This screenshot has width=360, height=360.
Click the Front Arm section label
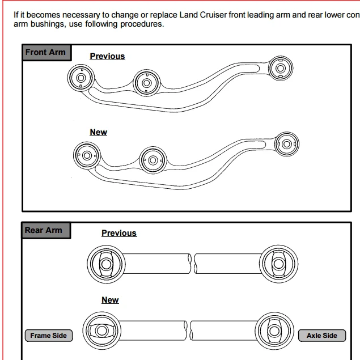(x=45, y=52)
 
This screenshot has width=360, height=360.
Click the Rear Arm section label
(x=43, y=230)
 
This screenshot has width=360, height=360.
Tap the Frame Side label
(x=48, y=336)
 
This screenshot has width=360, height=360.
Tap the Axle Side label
(x=322, y=336)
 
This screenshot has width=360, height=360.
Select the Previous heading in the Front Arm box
(x=107, y=56)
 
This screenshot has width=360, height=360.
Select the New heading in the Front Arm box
(x=98, y=132)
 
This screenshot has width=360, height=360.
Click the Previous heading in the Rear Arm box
(x=119, y=233)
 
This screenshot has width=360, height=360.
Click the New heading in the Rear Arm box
(x=110, y=300)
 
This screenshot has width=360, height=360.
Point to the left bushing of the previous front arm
(x=81, y=78)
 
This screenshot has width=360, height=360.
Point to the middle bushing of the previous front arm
(x=146, y=84)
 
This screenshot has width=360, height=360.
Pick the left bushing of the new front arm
(x=87, y=154)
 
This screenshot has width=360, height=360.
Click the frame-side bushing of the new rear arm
(x=100, y=331)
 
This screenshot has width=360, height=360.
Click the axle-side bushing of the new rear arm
(x=274, y=331)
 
